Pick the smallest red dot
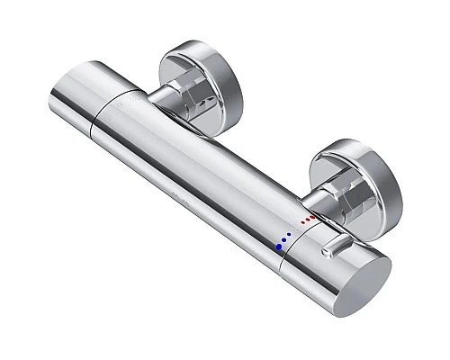coord(303,221)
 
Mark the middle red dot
coord(309,219)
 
